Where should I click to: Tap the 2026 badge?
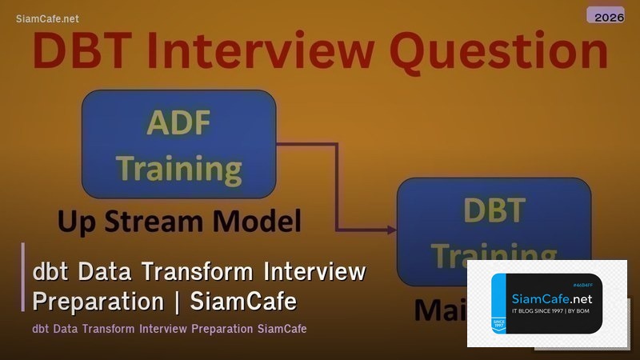pos(605,15)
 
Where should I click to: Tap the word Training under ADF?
pos(179,168)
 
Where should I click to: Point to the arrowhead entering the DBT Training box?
pos(392,230)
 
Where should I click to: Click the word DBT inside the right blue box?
pos(494,210)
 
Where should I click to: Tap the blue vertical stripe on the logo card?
pos(498,305)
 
